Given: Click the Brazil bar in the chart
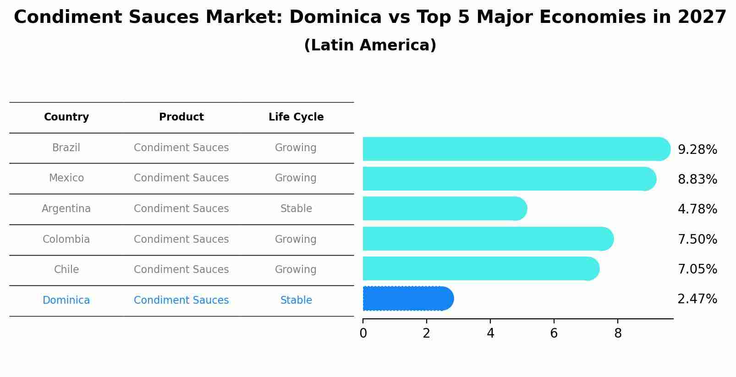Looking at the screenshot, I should pyautogui.click(x=516, y=149).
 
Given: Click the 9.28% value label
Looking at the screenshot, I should pyautogui.click(x=697, y=150).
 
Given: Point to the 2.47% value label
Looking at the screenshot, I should pyautogui.click(x=697, y=299).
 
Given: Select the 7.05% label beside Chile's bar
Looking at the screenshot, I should pyautogui.click(x=697, y=269).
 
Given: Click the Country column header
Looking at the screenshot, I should pyautogui.click(x=66, y=117).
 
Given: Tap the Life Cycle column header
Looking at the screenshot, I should pyautogui.click(x=296, y=117).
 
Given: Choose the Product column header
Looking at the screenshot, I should pyautogui.click(x=181, y=117).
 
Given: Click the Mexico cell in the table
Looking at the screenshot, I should pyautogui.click(x=66, y=178).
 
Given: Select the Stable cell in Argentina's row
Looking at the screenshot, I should pyautogui.click(x=296, y=209).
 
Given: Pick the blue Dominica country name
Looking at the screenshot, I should pyautogui.click(x=66, y=301).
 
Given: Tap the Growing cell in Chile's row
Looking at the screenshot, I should pyautogui.click(x=296, y=270).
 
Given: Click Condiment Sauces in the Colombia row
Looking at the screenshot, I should pyautogui.click(x=181, y=240).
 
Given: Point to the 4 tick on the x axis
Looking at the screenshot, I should pyautogui.click(x=490, y=333).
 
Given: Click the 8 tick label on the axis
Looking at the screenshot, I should pyautogui.click(x=618, y=333).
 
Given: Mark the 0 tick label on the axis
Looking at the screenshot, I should pyautogui.click(x=363, y=333).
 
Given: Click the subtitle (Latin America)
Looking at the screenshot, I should pyautogui.click(x=370, y=45).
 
